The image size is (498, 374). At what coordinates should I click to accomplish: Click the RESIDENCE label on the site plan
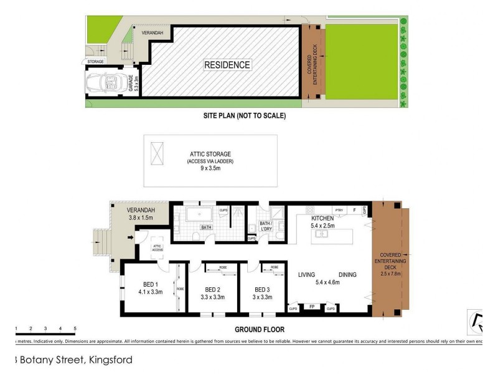pyautogui.click(x=227, y=65)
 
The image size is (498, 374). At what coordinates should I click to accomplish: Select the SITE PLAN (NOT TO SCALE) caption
pyautogui.click(x=244, y=115)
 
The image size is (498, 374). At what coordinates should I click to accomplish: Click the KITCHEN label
pyautogui.click(x=323, y=218)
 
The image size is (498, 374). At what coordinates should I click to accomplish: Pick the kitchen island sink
pyautogui.click(x=322, y=234)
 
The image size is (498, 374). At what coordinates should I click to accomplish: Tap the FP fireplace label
pyautogui.click(x=311, y=307)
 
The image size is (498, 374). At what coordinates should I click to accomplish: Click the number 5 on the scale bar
pyautogui.click(x=75, y=328)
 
